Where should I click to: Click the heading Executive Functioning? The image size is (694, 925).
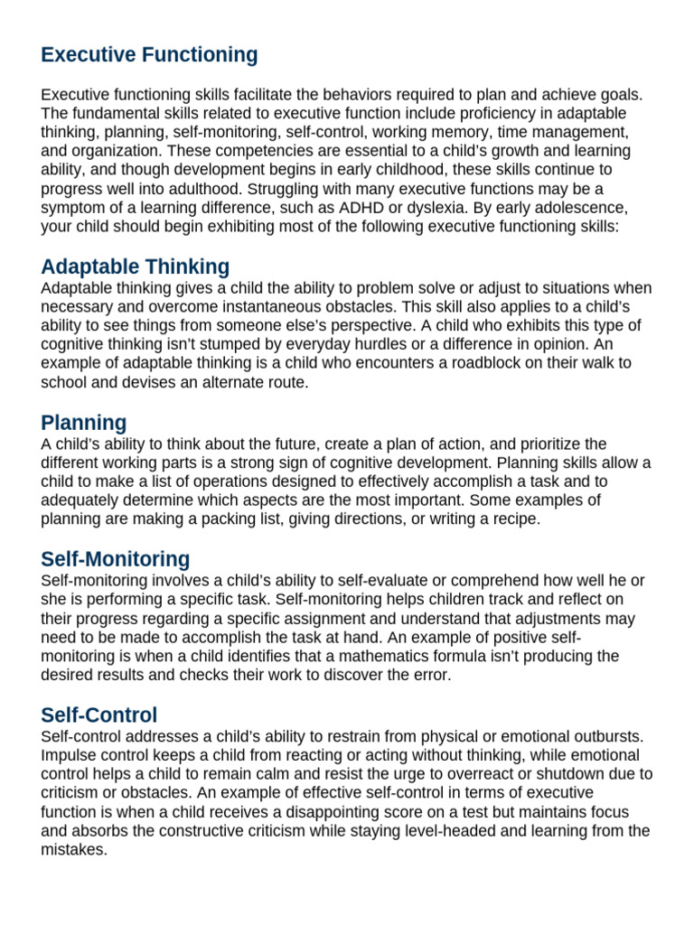point(149,55)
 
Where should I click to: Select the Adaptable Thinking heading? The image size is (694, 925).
point(136,266)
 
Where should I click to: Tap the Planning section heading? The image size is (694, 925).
point(84,423)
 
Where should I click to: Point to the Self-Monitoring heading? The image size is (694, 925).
point(116,559)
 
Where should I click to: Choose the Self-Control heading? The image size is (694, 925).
point(99,715)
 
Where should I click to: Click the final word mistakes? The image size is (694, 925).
point(74,850)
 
